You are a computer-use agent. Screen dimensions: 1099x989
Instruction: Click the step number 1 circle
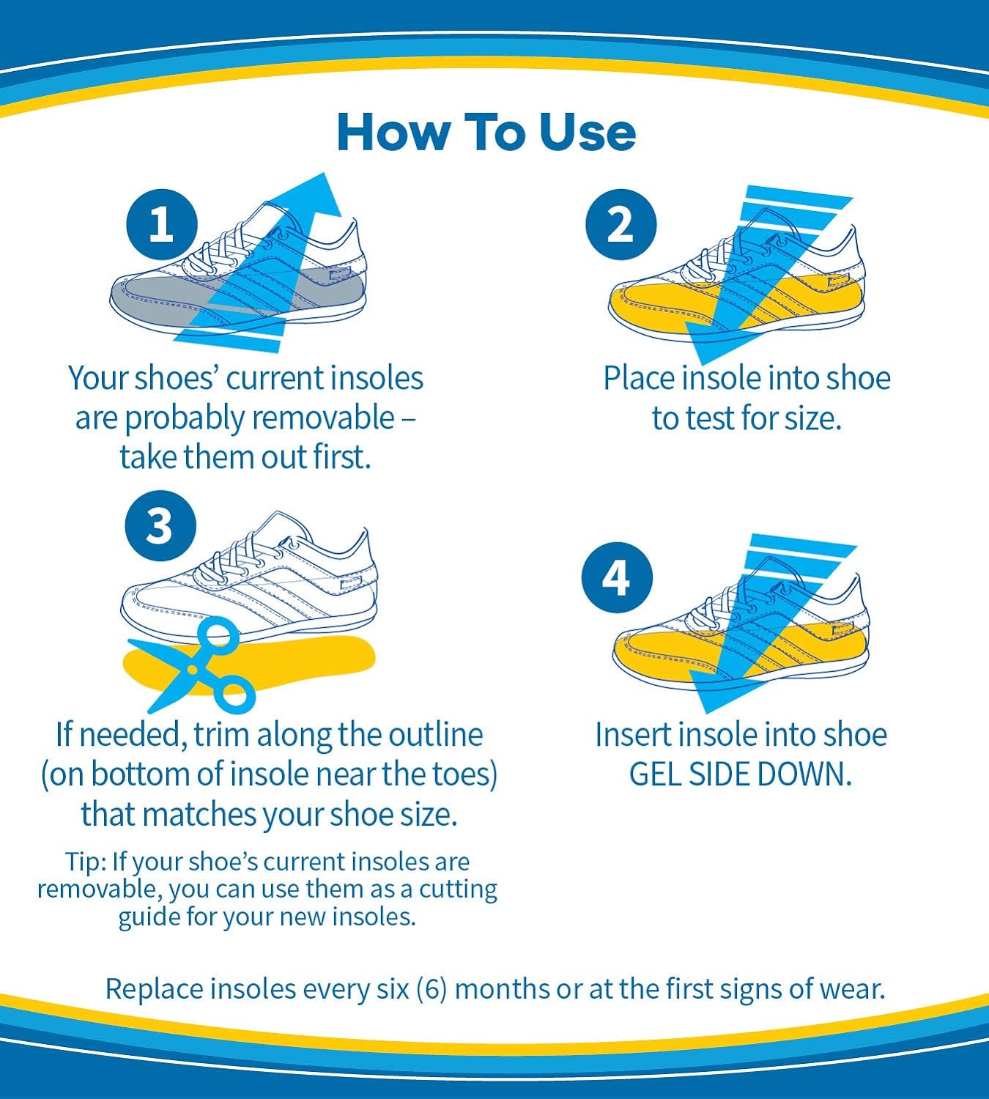161,223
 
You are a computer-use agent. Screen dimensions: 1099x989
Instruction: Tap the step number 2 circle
621,223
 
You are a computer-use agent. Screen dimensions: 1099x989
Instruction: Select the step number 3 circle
160,526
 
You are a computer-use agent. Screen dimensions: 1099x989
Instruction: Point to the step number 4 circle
617,578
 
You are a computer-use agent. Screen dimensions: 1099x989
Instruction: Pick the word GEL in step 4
654,774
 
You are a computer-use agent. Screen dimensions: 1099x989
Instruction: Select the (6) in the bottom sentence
431,988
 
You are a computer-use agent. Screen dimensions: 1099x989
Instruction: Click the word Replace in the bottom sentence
153,988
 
